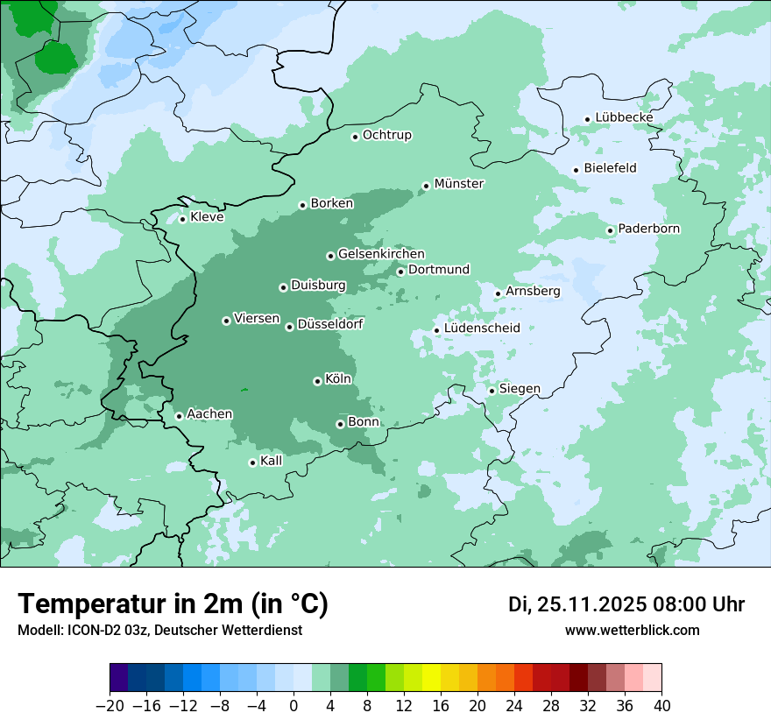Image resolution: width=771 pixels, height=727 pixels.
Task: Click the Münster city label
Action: (x=459, y=184)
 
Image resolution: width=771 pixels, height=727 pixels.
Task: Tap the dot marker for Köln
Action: (x=317, y=381)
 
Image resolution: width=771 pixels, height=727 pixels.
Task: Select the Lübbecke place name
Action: (x=624, y=117)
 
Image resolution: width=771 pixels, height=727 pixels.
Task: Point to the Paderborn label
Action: (x=648, y=229)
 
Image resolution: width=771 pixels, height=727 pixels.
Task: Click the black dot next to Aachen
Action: (x=179, y=416)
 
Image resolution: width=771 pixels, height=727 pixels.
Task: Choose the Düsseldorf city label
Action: (x=330, y=324)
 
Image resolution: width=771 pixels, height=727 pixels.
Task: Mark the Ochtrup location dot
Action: (x=355, y=137)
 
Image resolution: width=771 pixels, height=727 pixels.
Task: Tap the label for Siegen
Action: (x=520, y=388)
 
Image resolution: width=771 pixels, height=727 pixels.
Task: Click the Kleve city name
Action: (x=207, y=217)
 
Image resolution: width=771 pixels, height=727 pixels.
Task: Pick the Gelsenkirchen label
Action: (x=381, y=254)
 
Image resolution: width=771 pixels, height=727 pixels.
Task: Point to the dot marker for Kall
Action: (x=252, y=462)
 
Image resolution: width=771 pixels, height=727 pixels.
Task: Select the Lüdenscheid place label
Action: (x=482, y=328)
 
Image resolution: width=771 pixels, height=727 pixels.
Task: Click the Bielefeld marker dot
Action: (x=576, y=170)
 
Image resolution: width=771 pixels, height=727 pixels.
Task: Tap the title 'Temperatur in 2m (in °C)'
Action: (x=173, y=603)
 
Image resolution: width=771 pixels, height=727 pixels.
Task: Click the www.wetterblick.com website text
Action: (x=632, y=630)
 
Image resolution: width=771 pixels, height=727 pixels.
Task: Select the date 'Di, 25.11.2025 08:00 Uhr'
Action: (x=626, y=604)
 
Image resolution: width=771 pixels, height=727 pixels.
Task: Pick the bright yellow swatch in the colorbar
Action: (x=431, y=678)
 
